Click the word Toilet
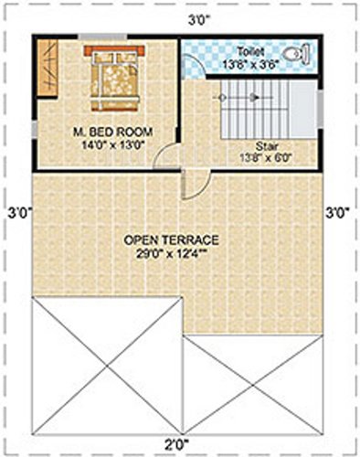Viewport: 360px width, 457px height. coord(249,52)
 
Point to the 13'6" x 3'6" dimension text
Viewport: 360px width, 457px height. coord(249,64)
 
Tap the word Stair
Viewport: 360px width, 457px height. coord(267,145)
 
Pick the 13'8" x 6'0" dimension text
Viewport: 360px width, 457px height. coord(267,157)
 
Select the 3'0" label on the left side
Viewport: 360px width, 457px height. coord(17,211)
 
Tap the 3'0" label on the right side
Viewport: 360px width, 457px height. coord(339,211)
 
